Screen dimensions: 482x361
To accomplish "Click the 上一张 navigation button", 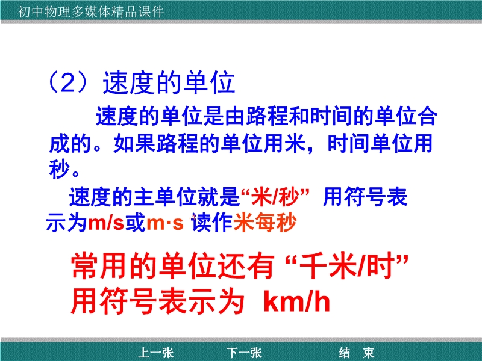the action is tap(156, 353).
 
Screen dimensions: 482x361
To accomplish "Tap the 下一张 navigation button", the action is tap(245, 353).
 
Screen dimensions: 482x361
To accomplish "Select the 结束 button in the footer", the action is tap(357, 353).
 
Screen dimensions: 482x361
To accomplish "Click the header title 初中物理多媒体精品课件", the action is tap(91, 12).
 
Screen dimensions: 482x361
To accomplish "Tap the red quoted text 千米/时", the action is tap(347, 266).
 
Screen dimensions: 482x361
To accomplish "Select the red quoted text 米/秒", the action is tap(275, 197).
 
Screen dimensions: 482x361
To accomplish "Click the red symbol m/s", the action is tap(106, 223).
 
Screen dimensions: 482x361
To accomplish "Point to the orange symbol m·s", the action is tap(165, 223).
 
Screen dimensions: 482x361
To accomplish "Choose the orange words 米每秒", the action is tap(265, 222).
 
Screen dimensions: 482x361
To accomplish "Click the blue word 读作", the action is tap(211, 222).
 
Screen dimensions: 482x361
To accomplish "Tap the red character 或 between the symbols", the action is tap(135, 222).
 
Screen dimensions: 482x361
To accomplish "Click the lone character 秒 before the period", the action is tap(59, 169).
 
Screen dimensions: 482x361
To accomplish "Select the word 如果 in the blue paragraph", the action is tap(134, 143).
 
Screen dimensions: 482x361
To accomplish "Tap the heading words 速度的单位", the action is tap(169, 83).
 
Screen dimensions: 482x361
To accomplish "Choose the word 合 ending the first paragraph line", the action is tap(427, 116).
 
